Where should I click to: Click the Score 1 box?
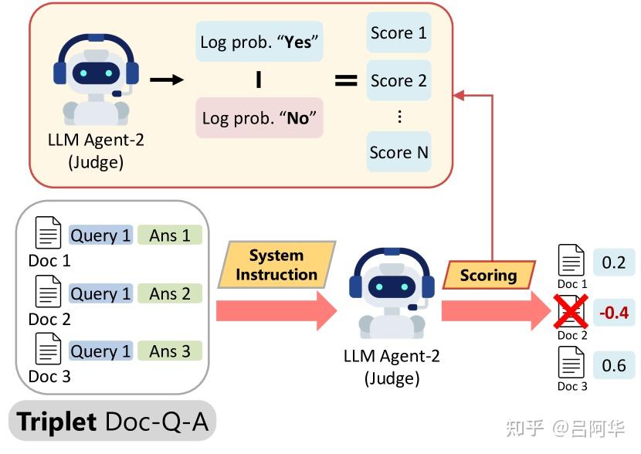[398, 33]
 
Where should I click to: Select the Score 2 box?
[398, 80]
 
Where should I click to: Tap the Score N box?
[398, 152]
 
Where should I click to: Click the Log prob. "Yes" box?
[259, 42]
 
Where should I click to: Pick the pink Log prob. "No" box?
[259, 118]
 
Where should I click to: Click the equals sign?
[345, 80]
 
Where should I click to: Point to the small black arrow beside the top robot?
[166, 79]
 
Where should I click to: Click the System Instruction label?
[276, 265]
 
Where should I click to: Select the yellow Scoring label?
[488, 275]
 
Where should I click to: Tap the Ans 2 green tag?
[169, 293]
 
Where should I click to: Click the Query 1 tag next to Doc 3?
[100, 351]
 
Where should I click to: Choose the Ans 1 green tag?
[169, 235]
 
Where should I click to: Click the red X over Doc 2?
[572, 313]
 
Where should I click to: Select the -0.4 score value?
[613, 313]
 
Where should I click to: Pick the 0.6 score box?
[613, 364]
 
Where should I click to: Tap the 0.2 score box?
[613, 263]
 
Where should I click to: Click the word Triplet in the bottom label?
[56, 422]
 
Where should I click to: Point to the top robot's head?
[96, 70]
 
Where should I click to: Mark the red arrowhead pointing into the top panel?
[458, 95]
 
